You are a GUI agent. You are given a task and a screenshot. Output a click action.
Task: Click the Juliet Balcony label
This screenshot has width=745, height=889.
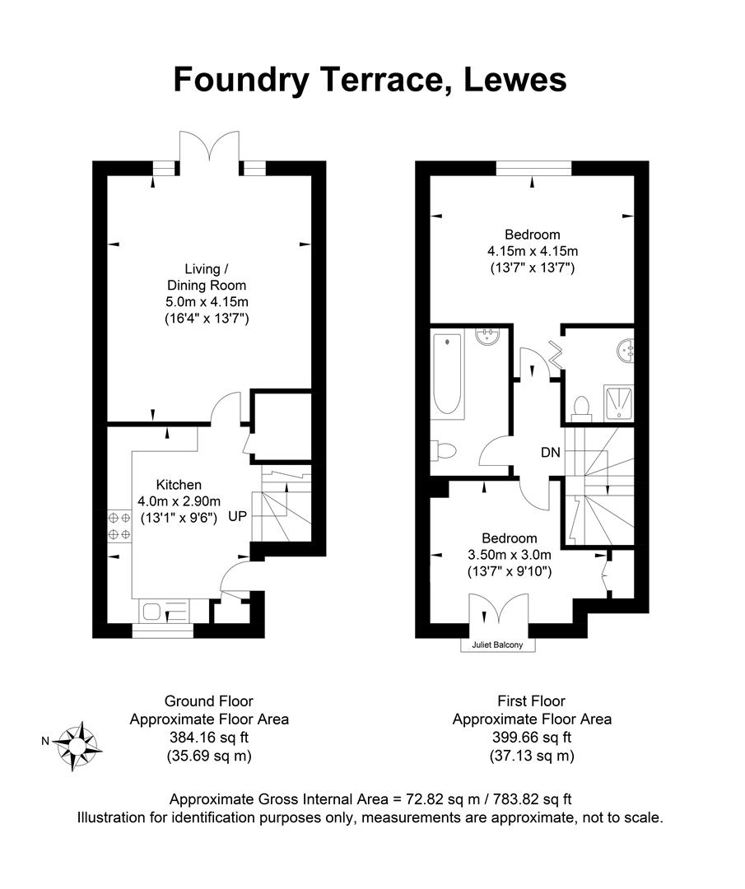point(497,645)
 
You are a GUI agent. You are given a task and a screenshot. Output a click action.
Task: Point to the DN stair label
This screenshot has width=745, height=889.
point(551,452)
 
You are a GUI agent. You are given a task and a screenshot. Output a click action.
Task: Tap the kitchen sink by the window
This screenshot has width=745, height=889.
point(154,611)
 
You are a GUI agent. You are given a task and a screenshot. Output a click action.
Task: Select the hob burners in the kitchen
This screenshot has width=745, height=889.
point(119,526)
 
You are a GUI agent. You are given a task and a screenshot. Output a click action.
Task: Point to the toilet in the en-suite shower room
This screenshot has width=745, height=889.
point(581,407)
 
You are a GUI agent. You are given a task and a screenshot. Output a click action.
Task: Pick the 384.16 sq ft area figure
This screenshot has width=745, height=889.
point(209,737)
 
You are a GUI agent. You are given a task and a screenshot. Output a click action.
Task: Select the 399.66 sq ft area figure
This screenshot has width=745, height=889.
point(532,737)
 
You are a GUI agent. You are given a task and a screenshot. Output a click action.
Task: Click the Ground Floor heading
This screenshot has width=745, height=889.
point(209,701)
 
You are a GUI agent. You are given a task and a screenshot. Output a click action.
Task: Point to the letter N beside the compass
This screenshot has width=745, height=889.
point(46,741)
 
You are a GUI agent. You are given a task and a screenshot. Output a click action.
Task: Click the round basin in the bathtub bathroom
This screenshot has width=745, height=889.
point(489,336)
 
